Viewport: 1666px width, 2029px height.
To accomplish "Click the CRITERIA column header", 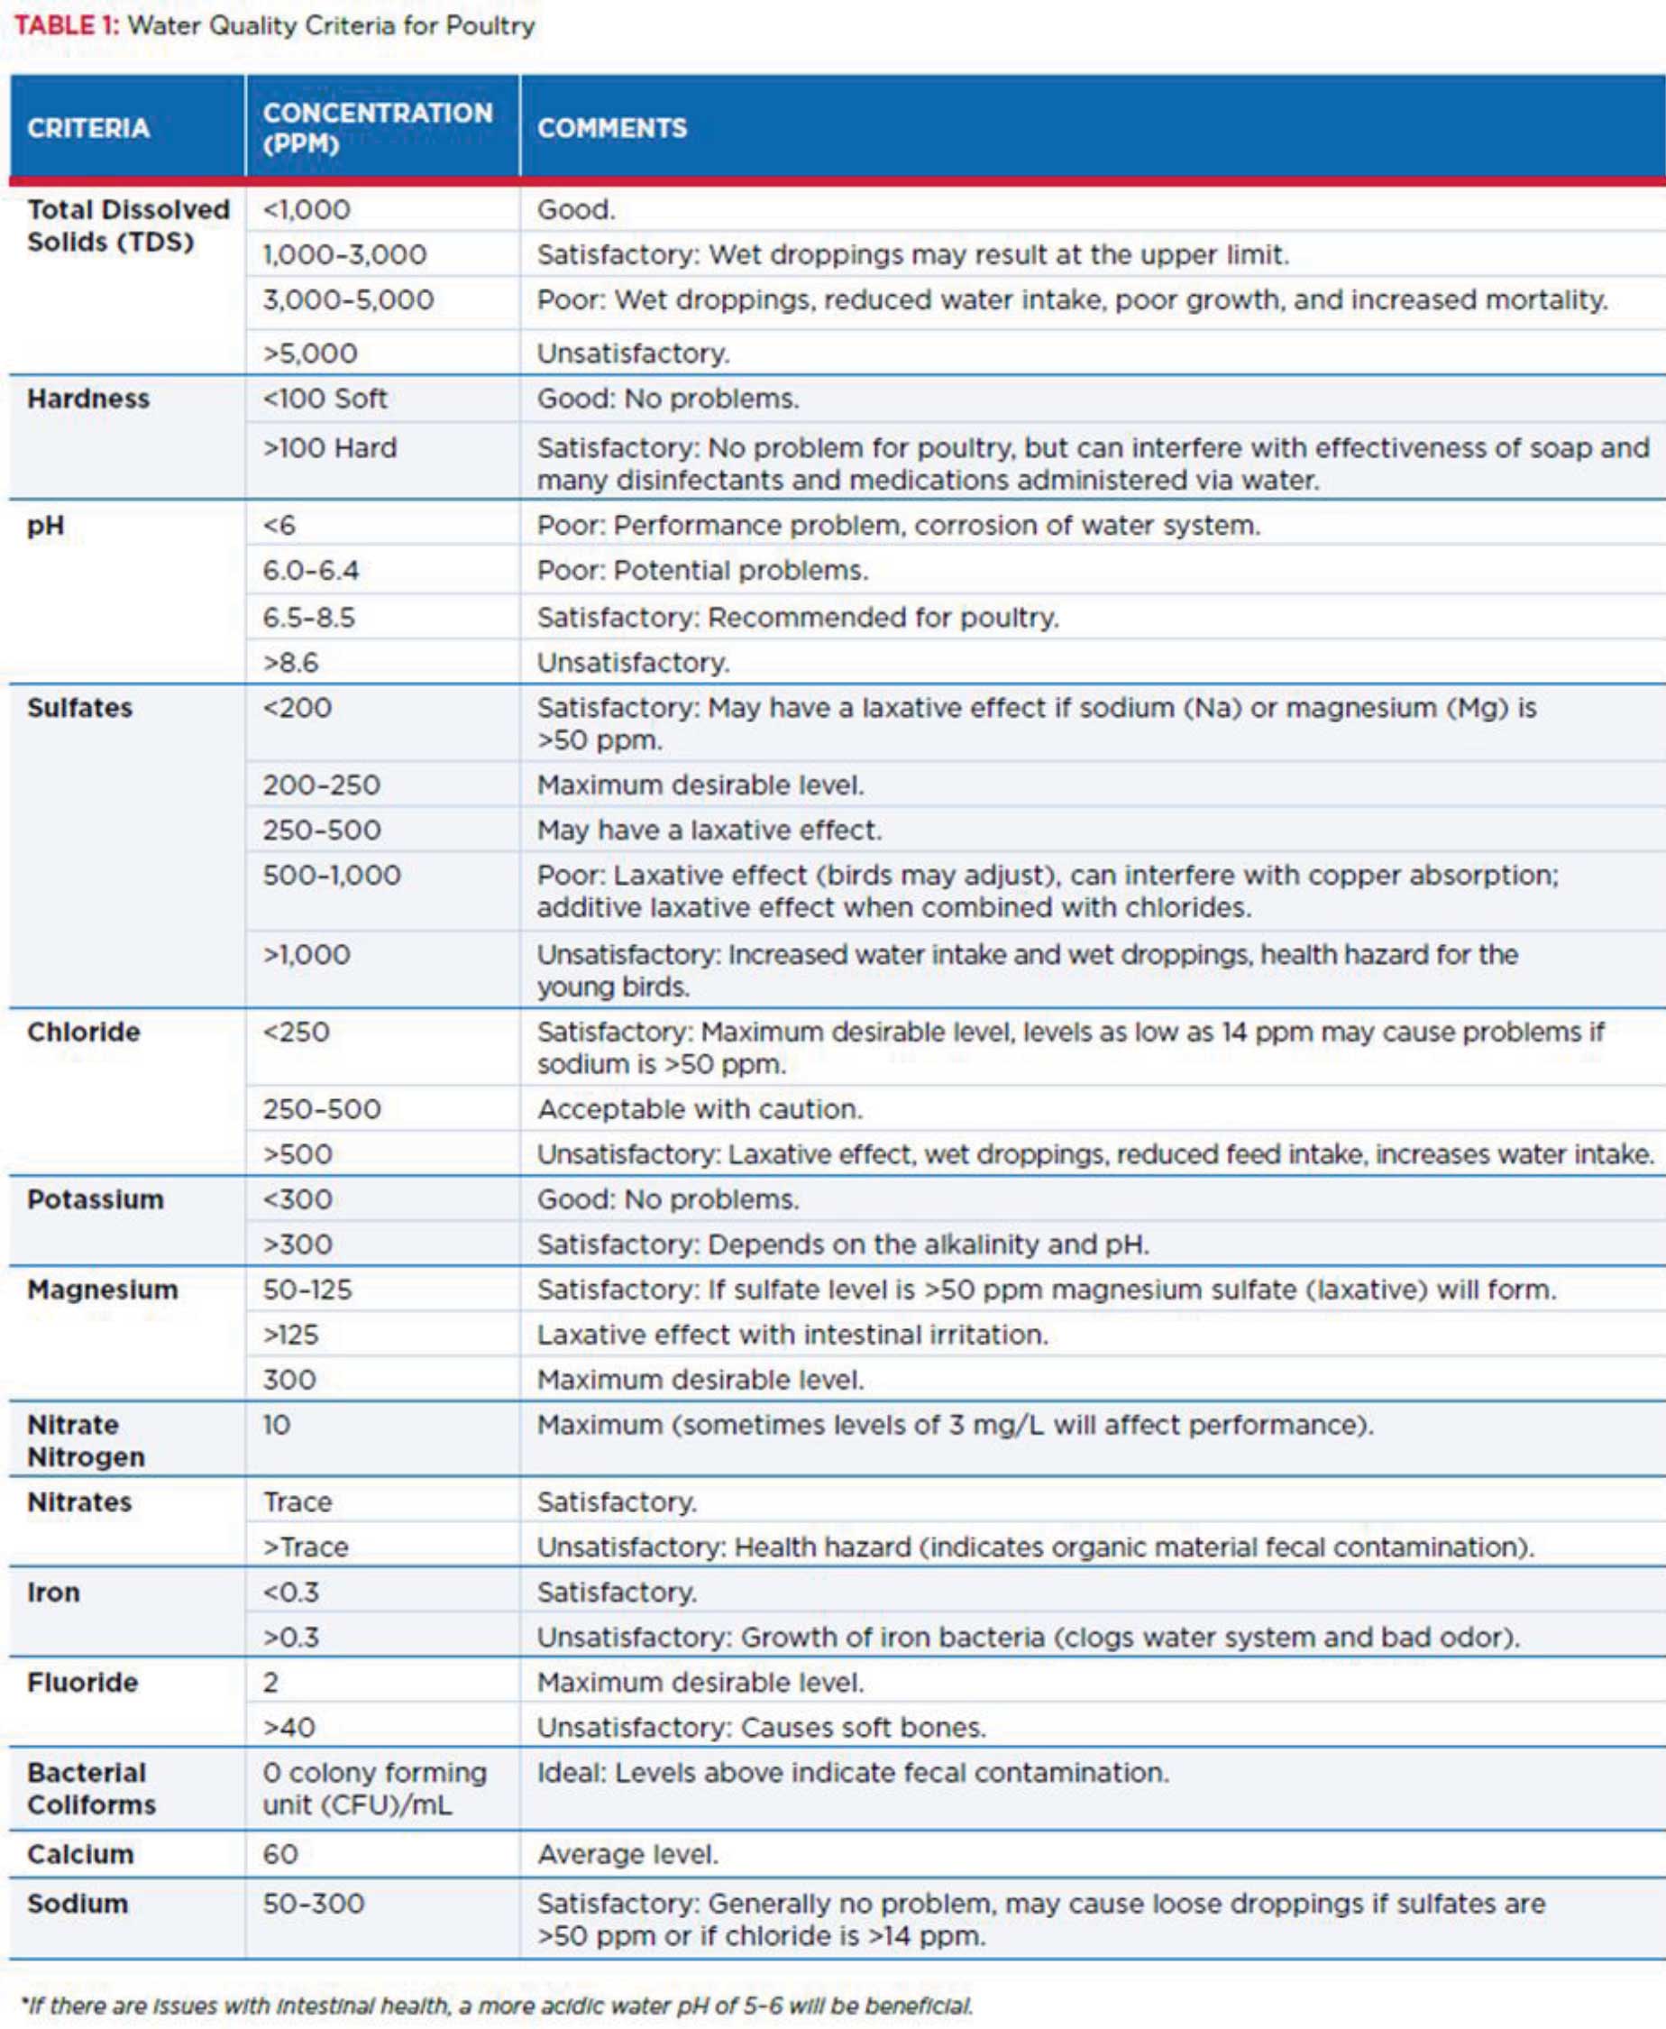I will (x=88, y=128).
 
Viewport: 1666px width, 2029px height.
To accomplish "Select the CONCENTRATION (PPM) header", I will (x=377, y=128).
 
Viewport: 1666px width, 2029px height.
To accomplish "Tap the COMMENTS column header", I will (x=611, y=128).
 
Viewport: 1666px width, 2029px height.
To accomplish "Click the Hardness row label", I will (x=88, y=399).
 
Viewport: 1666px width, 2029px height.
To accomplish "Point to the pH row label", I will (x=45, y=525).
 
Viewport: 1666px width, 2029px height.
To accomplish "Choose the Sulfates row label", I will (x=79, y=707).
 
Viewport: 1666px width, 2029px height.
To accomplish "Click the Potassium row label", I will (x=95, y=1198).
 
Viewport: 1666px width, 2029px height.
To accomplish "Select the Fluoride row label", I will (x=83, y=1682).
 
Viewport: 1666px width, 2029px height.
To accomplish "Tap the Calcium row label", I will (x=80, y=1853).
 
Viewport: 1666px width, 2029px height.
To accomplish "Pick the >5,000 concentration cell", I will (x=310, y=353).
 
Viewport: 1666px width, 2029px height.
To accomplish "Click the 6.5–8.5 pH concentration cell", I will (x=309, y=616).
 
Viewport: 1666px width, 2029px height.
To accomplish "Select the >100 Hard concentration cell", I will (x=329, y=447).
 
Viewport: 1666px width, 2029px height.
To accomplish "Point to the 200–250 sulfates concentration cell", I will (x=322, y=785).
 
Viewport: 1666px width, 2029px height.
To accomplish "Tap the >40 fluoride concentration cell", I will (x=288, y=1727).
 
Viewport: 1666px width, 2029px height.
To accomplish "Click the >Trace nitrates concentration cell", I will (x=306, y=1547).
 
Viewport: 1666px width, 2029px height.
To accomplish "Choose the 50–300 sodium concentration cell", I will (x=314, y=1903).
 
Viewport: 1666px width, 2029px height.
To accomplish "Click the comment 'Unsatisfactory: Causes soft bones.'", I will (x=761, y=1727).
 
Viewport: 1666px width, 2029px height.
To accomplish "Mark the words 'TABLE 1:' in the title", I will (x=66, y=25).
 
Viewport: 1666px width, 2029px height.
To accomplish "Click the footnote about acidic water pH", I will (x=496, y=2005).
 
